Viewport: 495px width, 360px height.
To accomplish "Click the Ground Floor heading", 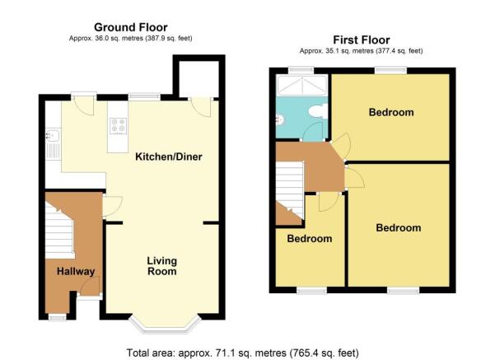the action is point(131,27).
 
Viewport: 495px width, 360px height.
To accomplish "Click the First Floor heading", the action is point(362,40).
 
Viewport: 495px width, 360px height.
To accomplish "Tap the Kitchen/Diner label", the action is point(169,157).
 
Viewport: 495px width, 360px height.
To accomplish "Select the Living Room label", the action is point(162,266).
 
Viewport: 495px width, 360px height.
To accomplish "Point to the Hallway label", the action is point(76,271).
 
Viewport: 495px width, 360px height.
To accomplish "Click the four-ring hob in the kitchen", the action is point(119,126).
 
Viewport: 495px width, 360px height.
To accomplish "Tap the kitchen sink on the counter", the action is point(53,136).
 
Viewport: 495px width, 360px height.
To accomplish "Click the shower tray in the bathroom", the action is point(302,86).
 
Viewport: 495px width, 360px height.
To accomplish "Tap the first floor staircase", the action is point(290,189).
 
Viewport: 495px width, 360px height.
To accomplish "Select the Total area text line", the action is point(242,353).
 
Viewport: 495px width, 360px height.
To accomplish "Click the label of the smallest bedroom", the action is point(310,239).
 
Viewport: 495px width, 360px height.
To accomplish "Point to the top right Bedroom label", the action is point(391,112).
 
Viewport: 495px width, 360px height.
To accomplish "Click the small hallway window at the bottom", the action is point(57,316).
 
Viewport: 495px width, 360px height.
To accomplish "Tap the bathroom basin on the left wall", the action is point(279,119).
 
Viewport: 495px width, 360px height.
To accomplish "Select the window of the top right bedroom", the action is point(391,70).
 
